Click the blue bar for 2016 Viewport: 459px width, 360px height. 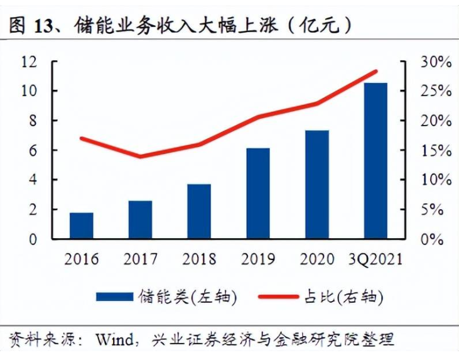82,226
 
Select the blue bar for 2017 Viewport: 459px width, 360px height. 140,220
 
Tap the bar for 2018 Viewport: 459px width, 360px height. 199,212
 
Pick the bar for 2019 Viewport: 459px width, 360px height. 258,194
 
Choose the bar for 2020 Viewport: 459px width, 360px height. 317,185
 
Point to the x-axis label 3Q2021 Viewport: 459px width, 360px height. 376,259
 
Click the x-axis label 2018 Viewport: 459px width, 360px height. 199,259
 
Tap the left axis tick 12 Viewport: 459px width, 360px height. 30,62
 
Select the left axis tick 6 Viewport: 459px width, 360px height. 34,151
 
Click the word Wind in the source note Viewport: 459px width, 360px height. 119,340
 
